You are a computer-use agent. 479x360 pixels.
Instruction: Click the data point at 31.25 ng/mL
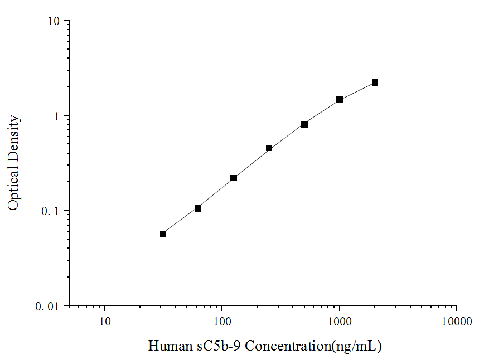pos(163,233)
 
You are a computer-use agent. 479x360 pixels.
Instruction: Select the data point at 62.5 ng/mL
pos(198,208)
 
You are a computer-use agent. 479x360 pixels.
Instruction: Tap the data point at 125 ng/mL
pos(234,178)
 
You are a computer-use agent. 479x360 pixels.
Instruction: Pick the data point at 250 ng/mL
pos(269,148)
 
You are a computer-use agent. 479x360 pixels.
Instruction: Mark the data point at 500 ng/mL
pos(304,124)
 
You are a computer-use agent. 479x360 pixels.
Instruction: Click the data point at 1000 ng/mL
pos(340,100)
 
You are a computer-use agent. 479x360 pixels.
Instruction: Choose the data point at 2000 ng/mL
pos(375,82)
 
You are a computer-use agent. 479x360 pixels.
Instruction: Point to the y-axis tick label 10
pos(55,21)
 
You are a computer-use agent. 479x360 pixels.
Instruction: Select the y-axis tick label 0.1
pos(52,211)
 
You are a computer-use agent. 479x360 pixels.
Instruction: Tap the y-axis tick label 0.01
pos(50,307)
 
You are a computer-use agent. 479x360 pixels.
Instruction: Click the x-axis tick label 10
pos(105,322)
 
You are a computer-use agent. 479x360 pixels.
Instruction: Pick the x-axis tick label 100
pos(222,322)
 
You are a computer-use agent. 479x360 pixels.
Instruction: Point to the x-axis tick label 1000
pos(339,322)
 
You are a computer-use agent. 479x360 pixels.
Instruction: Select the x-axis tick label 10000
pos(456,322)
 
